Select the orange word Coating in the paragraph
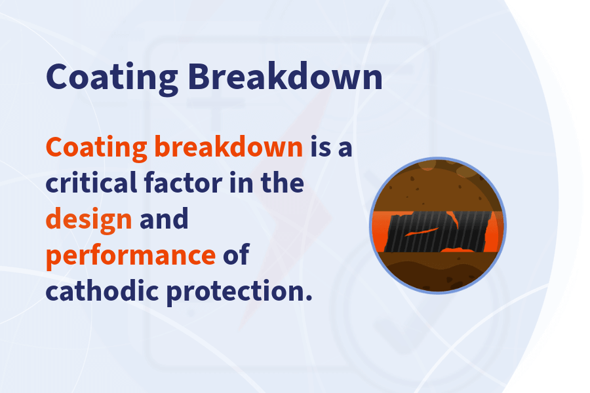tap(96, 148)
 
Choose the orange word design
tap(88, 219)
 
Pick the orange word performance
tap(130, 255)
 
